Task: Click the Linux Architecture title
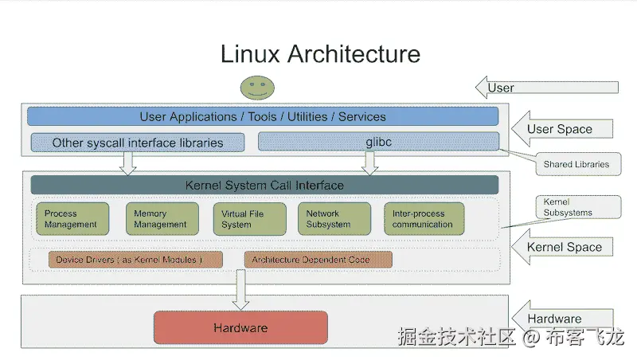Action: click(319, 54)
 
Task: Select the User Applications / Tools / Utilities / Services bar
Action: click(263, 116)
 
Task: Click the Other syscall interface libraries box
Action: click(138, 143)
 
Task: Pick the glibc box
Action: click(378, 142)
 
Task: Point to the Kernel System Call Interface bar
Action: click(264, 185)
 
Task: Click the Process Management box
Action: click(72, 219)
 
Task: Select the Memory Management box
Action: click(162, 219)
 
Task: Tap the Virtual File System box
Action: click(248, 219)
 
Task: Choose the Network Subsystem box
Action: click(334, 219)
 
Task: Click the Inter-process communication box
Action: click(423, 219)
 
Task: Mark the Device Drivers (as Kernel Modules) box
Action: click(128, 260)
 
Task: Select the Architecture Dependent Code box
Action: click(318, 260)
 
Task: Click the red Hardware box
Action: click(240, 327)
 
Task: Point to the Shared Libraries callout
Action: click(576, 164)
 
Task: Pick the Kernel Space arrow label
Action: click(565, 247)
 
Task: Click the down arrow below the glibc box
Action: click(369, 162)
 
